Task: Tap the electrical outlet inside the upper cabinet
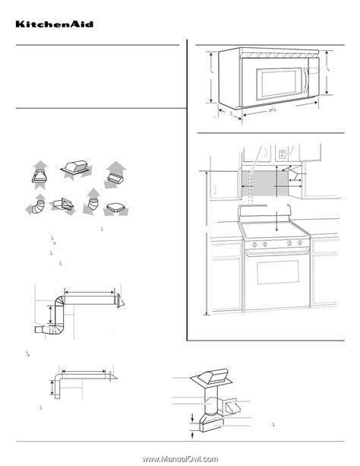click(x=282, y=156)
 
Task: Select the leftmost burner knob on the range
click(x=254, y=244)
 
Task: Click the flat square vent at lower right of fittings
click(x=116, y=207)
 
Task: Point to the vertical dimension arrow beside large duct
click(x=52, y=314)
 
